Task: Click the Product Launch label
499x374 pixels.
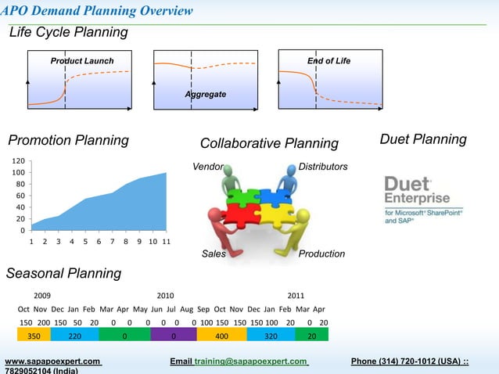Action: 82,61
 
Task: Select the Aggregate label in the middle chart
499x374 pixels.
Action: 206,95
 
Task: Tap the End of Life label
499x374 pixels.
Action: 328,61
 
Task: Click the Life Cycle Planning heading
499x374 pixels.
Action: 69,32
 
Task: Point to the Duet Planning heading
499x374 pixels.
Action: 422,139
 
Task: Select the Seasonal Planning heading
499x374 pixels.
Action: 64,273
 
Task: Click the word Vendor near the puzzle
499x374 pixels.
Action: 208,167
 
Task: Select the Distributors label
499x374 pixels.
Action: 323,167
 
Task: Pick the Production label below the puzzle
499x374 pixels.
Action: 321,254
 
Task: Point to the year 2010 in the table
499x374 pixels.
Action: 165,296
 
